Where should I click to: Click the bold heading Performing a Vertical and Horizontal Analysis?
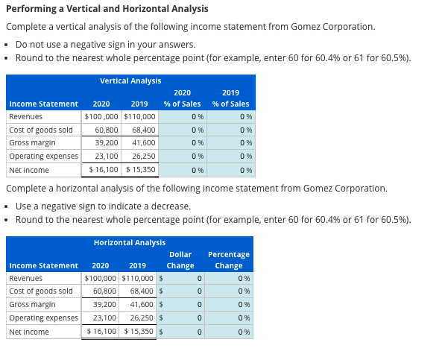[107, 9]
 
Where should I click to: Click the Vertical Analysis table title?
[130, 80]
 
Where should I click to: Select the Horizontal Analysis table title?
[130, 242]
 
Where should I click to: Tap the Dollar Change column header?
[180, 260]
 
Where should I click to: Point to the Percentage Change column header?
[228, 260]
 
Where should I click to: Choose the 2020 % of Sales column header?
[182, 98]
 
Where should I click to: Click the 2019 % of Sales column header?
[230, 98]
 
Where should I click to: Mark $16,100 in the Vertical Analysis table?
[99, 170]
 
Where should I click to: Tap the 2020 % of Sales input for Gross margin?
[183, 143]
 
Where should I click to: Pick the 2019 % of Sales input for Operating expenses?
[231, 157]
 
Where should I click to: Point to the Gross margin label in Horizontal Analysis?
[32, 305]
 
